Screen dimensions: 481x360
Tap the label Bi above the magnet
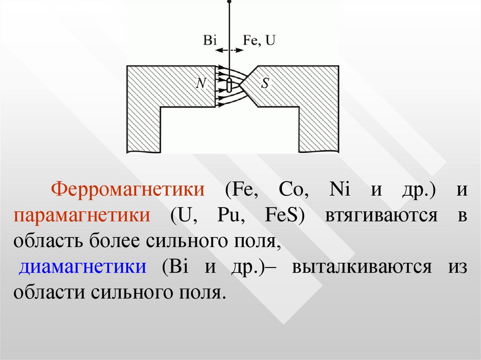click(209, 40)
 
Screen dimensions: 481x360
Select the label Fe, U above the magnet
click(259, 40)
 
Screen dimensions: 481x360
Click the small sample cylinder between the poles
click(229, 85)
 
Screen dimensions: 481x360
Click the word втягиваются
click(380, 215)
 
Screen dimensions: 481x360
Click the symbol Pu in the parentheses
click(228, 215)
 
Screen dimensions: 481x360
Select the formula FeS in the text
click(281, 215)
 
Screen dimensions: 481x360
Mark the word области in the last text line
click(48, 293)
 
